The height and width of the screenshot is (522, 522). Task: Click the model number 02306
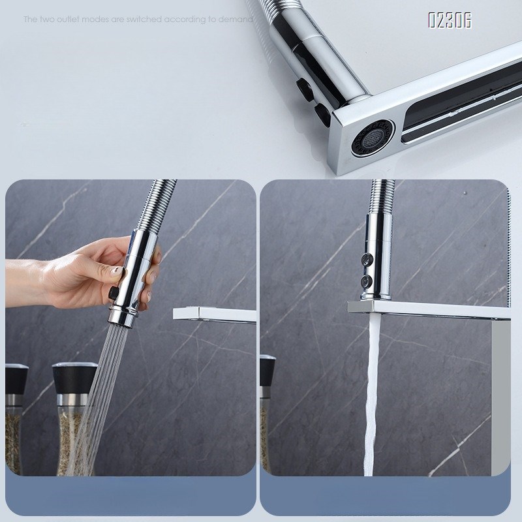450,20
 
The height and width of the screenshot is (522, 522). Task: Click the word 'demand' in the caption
236,20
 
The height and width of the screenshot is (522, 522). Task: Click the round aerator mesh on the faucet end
372,138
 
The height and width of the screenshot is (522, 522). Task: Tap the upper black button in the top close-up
305,89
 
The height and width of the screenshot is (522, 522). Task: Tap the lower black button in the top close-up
322,114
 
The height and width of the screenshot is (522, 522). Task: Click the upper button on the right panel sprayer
367,259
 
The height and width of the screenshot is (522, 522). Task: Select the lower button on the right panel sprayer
367,281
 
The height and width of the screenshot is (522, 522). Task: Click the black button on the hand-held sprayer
114,292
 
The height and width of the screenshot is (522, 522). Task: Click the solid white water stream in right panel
371,395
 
